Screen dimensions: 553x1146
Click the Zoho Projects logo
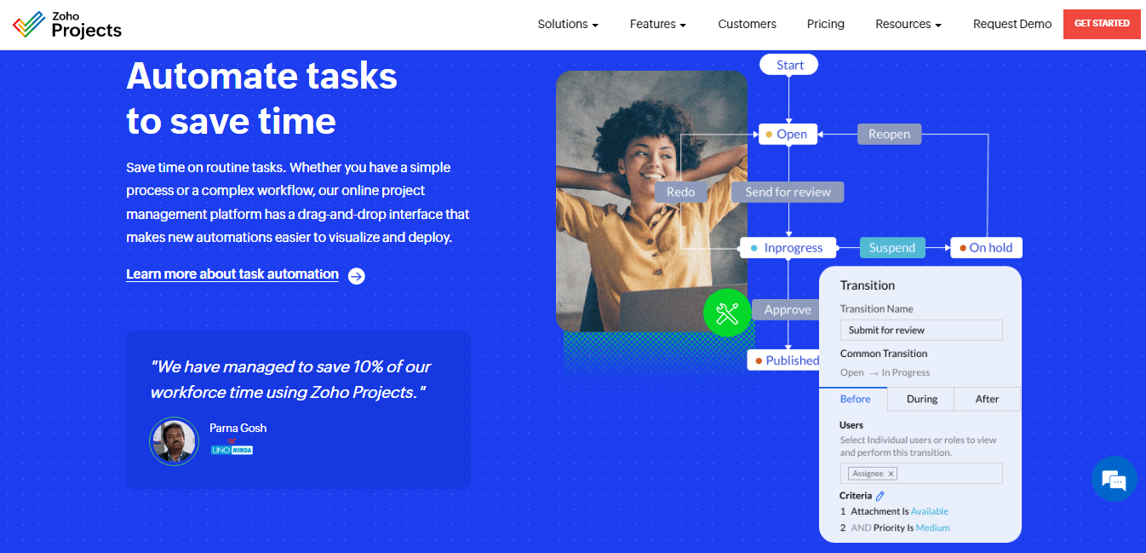67,25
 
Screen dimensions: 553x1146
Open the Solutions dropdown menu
568,24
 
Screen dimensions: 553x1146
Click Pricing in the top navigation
825,24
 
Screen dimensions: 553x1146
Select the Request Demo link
1011,24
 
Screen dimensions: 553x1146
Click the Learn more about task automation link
232,274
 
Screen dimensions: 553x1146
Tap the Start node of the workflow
789,65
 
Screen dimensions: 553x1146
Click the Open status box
788,134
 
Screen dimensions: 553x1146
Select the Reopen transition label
889,134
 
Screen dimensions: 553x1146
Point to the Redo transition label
680,192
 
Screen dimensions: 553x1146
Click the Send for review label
788,192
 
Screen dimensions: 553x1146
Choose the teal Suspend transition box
891,248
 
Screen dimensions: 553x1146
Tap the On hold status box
986,248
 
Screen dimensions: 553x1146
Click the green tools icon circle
727,314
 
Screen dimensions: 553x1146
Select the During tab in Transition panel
921,399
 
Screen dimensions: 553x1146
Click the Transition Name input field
921,330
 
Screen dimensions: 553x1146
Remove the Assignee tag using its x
891,474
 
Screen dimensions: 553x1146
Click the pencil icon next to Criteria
880,496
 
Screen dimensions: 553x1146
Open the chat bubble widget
1114,481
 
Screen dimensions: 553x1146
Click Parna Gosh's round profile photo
174,441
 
